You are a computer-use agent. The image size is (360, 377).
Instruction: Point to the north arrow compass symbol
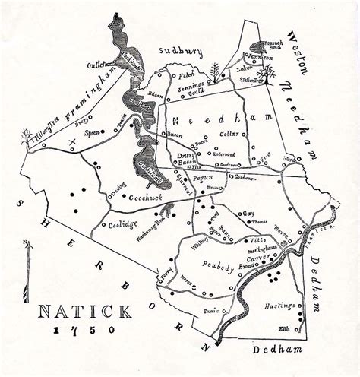click(28, 270)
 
